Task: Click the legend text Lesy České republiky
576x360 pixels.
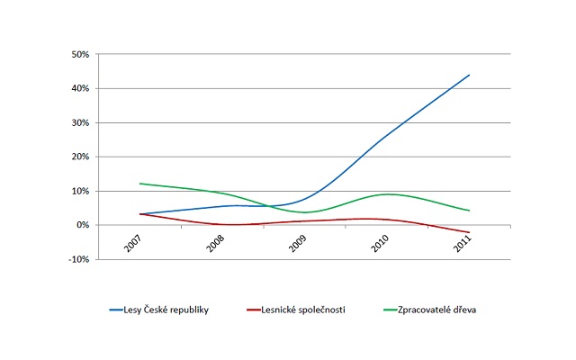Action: click(172, 310)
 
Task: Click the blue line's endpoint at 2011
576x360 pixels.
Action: click(470, 75)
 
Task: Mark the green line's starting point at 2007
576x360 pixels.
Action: click(139, 184)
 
